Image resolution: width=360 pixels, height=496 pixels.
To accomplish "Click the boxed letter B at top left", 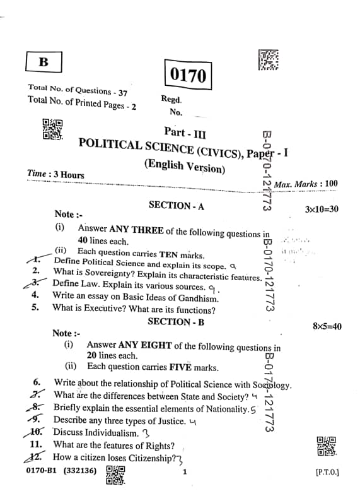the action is pos(44,62).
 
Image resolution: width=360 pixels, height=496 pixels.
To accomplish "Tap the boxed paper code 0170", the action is pos(187,76).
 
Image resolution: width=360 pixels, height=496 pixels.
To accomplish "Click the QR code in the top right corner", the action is pos(269,59).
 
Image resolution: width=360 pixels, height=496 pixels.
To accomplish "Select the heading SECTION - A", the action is pos(176,205).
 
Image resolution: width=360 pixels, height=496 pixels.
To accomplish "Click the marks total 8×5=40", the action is pos(327,326).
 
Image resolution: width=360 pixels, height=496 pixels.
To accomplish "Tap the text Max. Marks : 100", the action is pos(306,184).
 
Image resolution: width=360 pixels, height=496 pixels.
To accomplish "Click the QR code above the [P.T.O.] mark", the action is pos(325,446).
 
